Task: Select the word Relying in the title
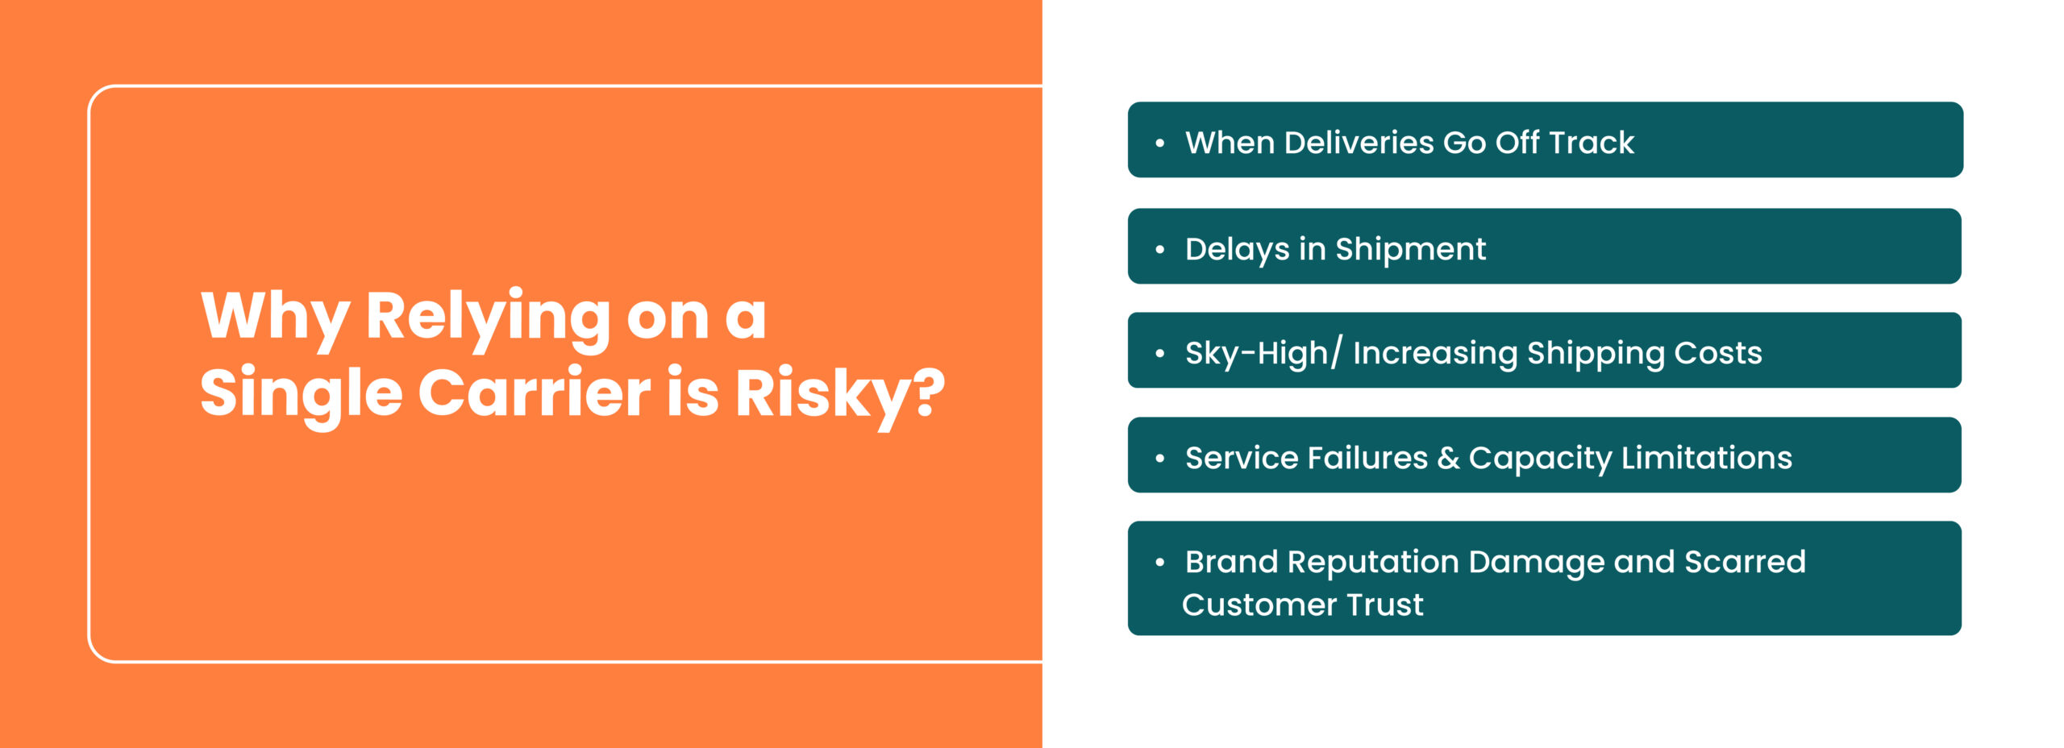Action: pos(488,320)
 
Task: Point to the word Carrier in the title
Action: pos(534,393)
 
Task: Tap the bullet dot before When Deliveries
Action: pos(1159,143)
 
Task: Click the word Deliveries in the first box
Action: pos(1359,143)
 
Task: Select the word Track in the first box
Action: pos(1591,143)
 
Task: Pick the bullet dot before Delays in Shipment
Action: pos(1159,250)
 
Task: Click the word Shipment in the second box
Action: pos(1410,250)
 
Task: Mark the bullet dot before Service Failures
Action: pos(1159,459)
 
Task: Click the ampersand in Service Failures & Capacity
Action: pos(1448,459)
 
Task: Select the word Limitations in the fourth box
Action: pos(1706,458)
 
